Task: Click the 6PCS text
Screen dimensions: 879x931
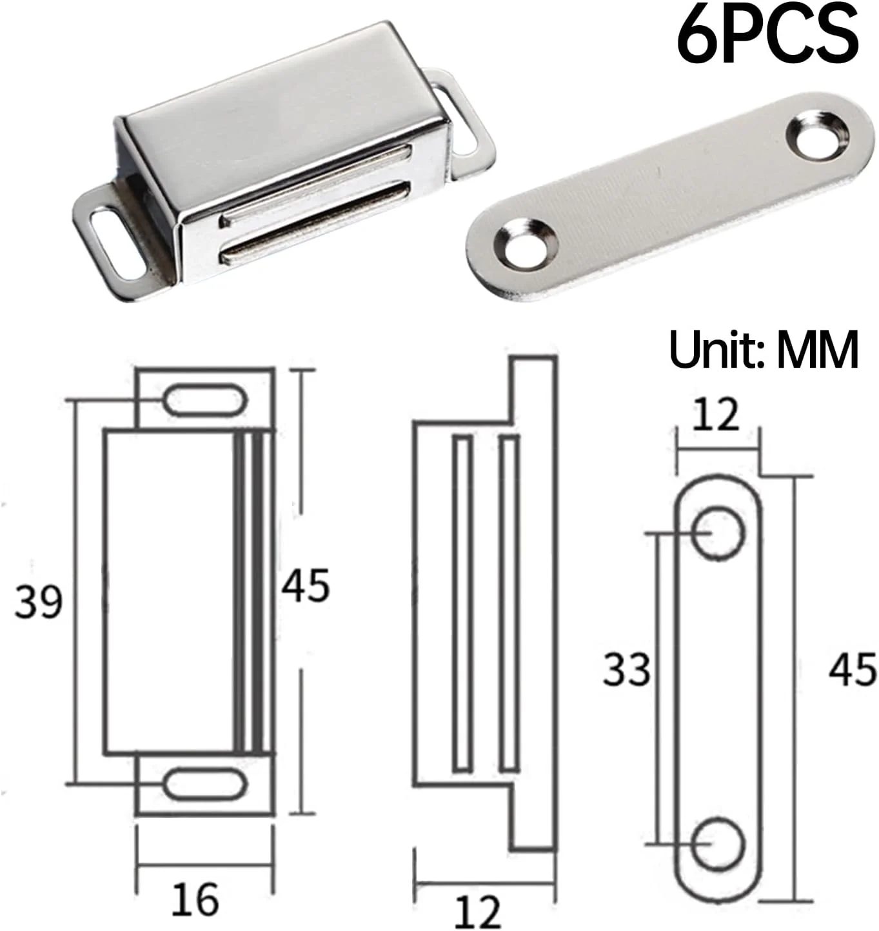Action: pos(767,35)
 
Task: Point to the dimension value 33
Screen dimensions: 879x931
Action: pos(627,669)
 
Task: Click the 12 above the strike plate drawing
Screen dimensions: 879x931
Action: pos(715,414)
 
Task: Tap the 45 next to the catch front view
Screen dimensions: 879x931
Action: pos(306,586)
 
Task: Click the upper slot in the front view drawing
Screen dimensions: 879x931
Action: pos(204,400)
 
